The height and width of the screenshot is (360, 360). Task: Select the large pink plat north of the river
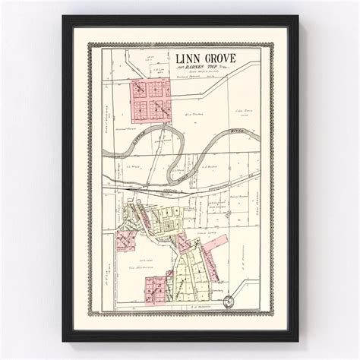153,101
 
